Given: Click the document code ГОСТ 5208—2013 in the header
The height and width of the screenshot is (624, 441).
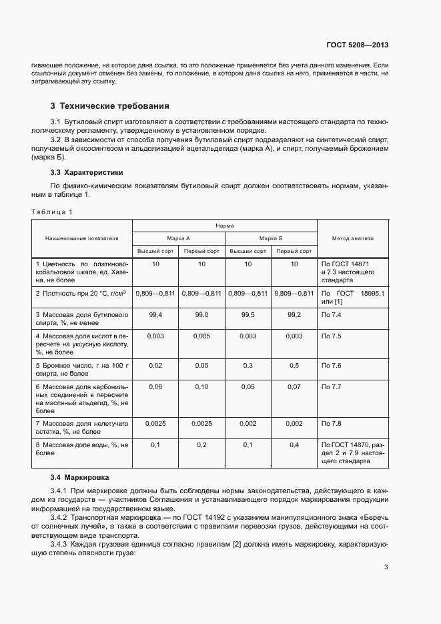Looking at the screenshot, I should point(357,45).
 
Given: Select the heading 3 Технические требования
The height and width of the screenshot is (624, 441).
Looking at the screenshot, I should point(110,106).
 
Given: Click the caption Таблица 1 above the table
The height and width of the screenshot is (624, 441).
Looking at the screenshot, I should point(51,212).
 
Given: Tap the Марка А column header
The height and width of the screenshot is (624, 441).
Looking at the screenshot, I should point(178,238).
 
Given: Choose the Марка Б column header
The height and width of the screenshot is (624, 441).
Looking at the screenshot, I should point(271,238).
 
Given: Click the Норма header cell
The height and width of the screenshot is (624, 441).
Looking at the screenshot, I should point(224,226).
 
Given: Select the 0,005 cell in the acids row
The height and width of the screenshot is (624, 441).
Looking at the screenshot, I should point(201,336).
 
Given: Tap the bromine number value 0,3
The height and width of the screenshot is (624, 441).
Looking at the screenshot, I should point(248,366).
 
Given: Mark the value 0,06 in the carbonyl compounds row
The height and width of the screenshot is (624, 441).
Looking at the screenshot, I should point(155,387).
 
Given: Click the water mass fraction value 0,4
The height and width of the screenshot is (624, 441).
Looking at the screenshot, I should point(294,444).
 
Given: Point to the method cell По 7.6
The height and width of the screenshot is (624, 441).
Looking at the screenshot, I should point(332,366).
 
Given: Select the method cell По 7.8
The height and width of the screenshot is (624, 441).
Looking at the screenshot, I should point(332,423).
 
